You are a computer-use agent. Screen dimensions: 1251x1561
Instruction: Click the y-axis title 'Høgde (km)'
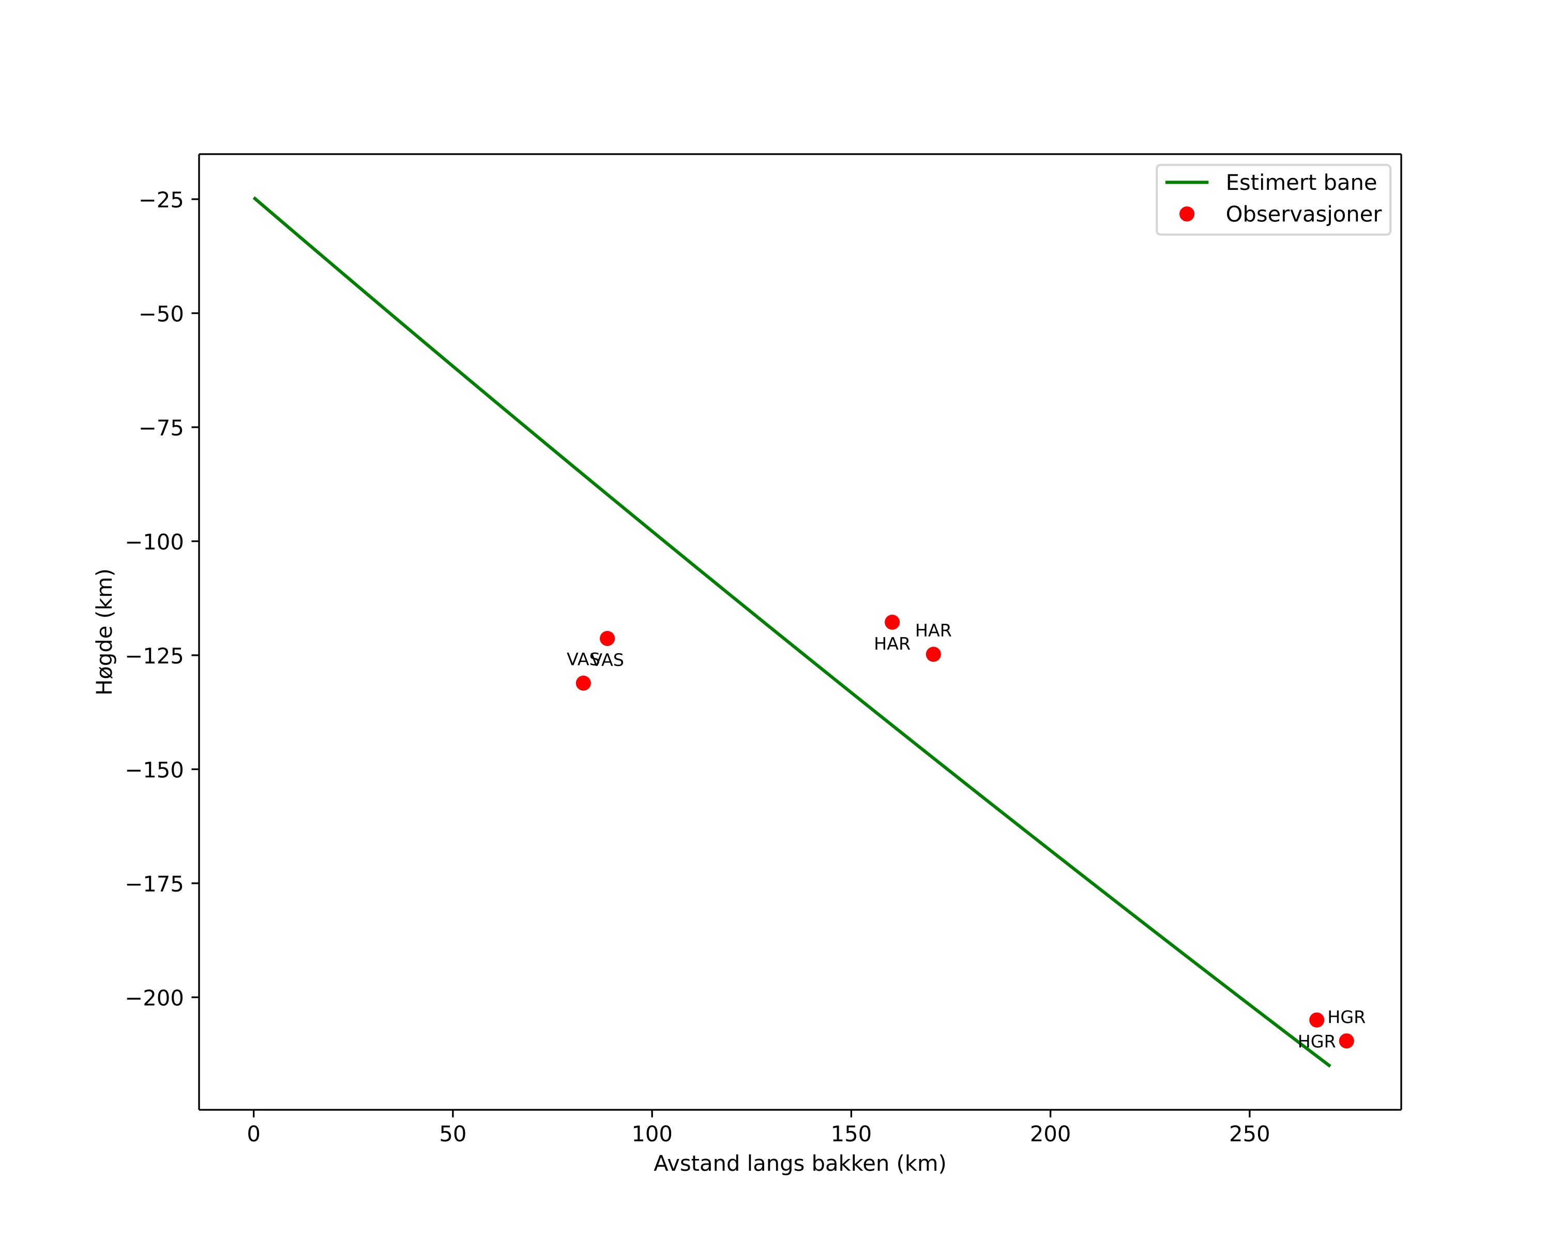pos(105,631)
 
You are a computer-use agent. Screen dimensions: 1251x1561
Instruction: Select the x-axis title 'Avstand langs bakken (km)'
pos(799,1164)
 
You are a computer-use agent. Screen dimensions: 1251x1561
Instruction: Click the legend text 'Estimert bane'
pos(1300,183)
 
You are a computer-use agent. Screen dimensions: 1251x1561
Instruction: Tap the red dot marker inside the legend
pos(1187,214)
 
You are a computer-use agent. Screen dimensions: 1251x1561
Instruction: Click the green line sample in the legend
pos(1187,183)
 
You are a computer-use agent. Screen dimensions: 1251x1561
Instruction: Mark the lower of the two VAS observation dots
pos(583,683)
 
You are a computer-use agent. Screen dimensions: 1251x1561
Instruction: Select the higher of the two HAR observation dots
pos(892,623)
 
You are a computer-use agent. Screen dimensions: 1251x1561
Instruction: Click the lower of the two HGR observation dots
pos(1346,1041)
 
